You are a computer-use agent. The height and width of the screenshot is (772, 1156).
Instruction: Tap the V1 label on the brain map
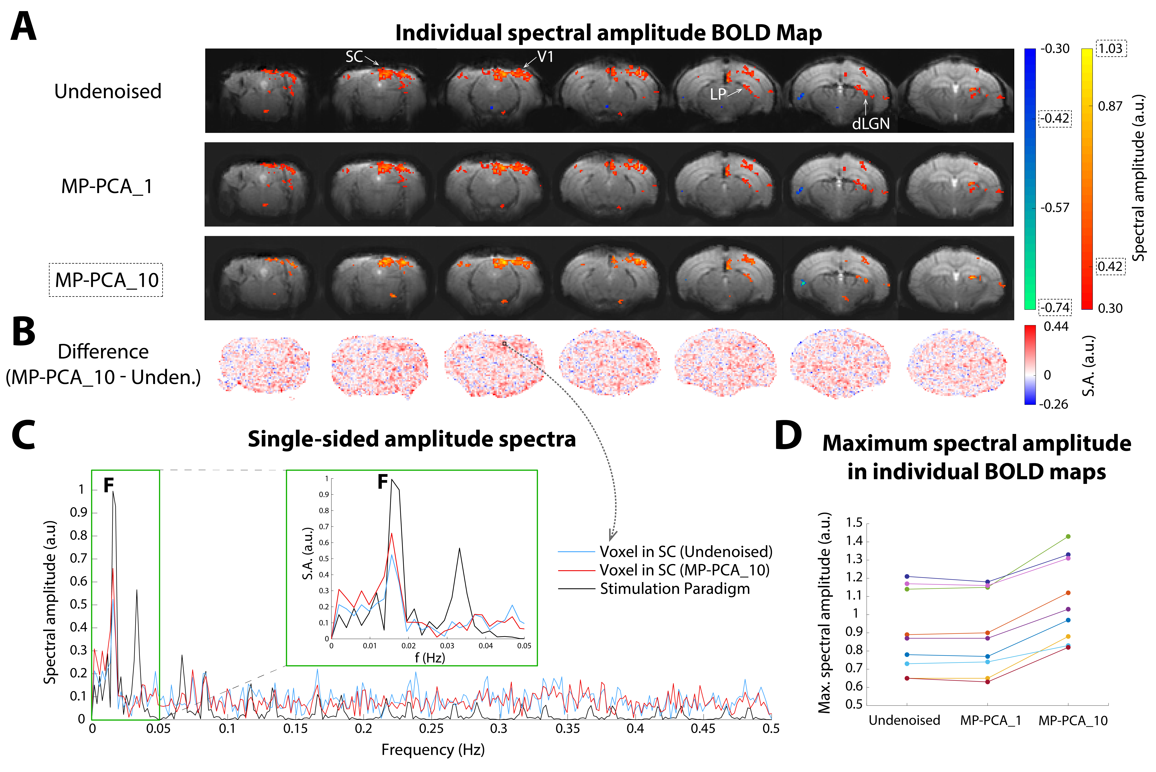pyautogui.click(x=545, y=57)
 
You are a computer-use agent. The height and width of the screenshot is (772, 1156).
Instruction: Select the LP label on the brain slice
pyautogui.click(x=718, y=94)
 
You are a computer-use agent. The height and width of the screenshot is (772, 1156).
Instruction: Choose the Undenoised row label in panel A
pyautogui.click(x=108, y=92)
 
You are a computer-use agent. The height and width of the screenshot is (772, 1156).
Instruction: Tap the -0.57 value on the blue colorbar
pyautogui.click(x=1055, y=208)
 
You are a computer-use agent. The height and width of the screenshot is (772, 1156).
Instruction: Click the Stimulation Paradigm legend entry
pyautogui.click(x=674, y=589)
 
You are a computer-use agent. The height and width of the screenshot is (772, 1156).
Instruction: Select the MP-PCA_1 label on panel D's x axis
pyautogui.click(x=990, y=721)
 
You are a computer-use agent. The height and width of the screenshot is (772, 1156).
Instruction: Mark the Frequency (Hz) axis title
pyautogui.click(x=433, y=750)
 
